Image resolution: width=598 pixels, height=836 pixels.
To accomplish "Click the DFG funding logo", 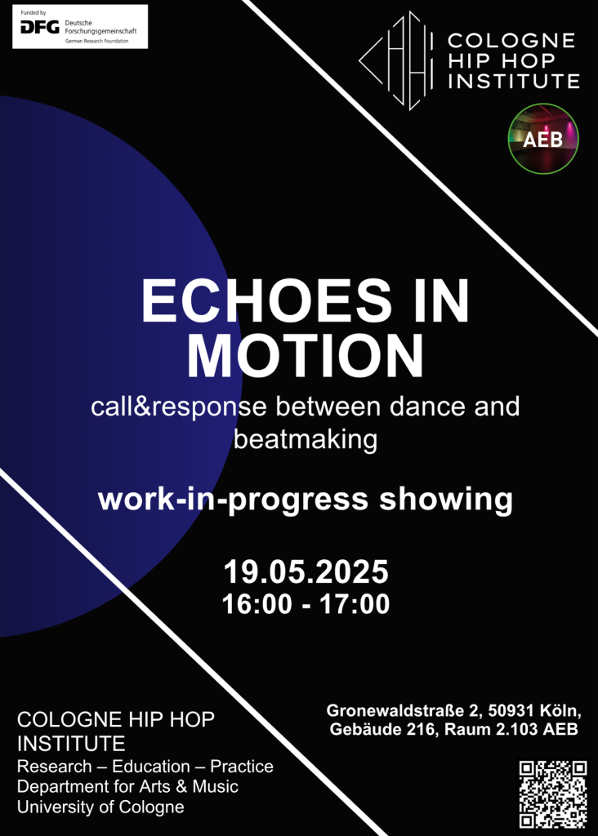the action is point(80,27).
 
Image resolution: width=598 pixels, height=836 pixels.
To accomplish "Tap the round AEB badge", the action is point(543,139).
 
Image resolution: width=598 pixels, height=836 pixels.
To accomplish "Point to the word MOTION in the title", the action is point(306,356).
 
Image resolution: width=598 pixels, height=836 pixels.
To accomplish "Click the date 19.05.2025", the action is point(306,572).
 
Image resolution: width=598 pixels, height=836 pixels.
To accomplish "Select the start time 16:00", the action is point(257,604).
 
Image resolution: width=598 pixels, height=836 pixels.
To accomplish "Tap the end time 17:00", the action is point(355,604).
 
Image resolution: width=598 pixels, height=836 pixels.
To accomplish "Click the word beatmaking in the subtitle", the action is point(306,440).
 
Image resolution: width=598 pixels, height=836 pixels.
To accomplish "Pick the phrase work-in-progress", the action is point(233,500).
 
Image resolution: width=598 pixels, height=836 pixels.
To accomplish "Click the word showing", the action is point(446,500).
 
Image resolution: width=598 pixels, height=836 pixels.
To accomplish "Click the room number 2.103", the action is point(517,729).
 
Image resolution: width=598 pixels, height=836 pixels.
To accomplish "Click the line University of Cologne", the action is point(100,807).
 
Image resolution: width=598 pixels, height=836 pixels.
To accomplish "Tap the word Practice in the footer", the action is point(242,766).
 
